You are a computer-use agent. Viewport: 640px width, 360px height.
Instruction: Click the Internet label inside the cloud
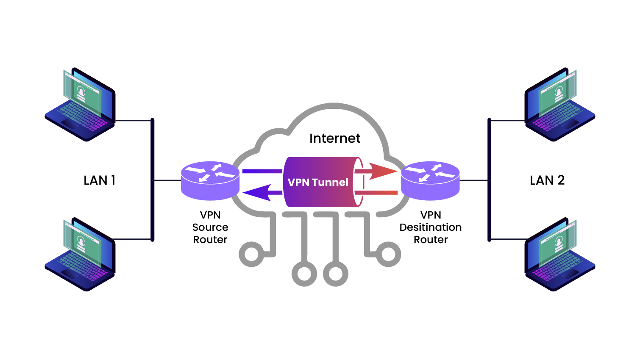334,138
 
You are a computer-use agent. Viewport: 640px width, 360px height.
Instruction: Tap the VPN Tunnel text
318,183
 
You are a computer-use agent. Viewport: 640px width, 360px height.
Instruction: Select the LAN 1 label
100,180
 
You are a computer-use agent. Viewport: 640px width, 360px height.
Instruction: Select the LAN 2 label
547,180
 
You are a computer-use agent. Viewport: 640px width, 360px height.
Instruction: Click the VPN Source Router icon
210,180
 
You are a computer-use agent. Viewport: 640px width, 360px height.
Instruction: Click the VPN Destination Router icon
430,180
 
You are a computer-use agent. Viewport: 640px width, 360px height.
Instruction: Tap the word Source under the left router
210,227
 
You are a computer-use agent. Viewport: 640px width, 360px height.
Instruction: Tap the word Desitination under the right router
430,227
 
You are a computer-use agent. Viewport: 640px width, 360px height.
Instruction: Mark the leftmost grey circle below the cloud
251,255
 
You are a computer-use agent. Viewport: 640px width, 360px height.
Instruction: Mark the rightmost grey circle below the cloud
389,255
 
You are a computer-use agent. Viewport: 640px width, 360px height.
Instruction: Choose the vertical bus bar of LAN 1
152,180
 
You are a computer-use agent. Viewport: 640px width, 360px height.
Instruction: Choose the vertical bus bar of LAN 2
489,180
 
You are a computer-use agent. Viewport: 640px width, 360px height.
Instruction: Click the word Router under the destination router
430,240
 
